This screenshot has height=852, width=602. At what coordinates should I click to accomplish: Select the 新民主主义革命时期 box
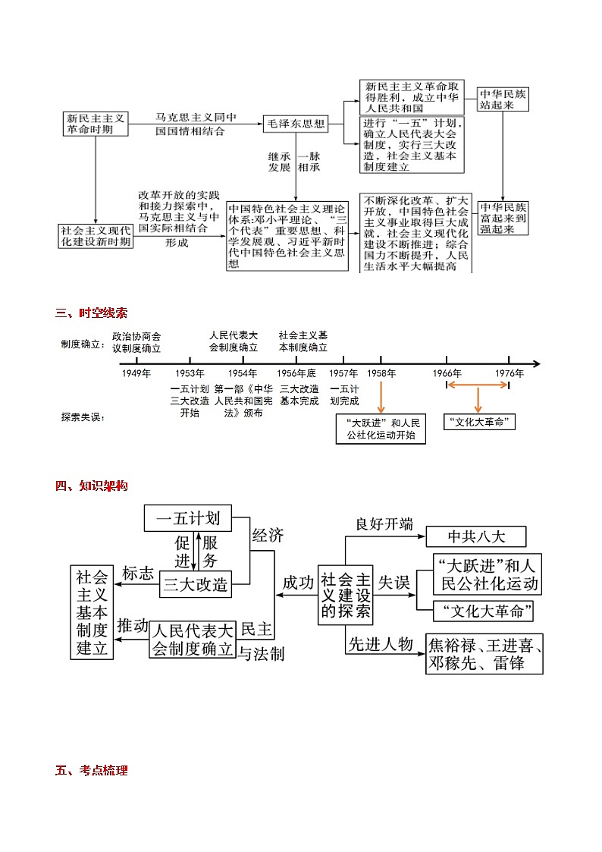[x=96, y=124]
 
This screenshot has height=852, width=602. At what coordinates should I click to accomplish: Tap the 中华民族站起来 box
[x=503, y=99]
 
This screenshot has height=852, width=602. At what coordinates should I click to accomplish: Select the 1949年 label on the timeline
[x=136, y=373]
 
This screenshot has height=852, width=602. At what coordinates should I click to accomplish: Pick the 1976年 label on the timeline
[x=510, y=373]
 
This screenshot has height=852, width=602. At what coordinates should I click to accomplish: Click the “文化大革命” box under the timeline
[x=478, y=422]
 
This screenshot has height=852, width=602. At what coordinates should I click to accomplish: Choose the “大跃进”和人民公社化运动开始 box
[x=381, y=429]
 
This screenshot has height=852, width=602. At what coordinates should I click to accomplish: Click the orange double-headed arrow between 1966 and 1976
[x=478, y=385]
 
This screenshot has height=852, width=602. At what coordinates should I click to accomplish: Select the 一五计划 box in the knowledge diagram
[x=188, y=519]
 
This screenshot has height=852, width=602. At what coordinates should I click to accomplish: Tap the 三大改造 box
[x=195, y=584]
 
